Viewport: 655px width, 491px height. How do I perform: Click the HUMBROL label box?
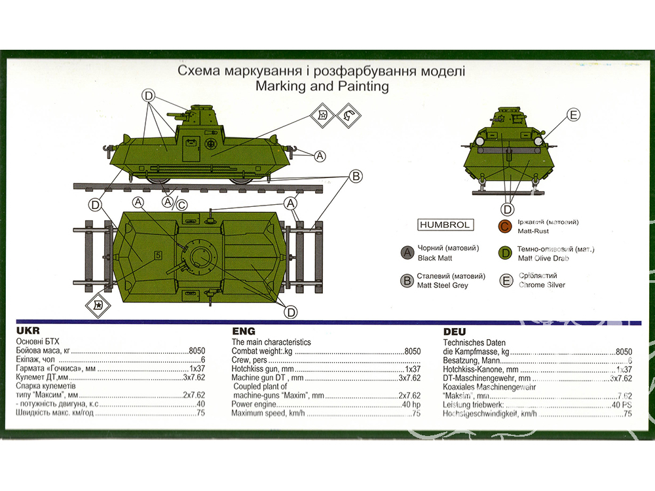coord(445,225)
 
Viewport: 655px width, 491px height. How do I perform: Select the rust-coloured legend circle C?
coord(504,227)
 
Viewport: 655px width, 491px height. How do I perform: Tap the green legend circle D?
coord(504,253)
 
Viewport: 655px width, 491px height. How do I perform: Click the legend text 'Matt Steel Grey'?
coord(443,285)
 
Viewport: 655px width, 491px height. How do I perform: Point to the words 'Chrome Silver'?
coord(542,285)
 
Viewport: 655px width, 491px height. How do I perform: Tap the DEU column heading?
coord(455,331)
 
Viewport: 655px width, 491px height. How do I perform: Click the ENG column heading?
coord(243,331)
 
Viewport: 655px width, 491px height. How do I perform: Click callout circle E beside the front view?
coord(573,116)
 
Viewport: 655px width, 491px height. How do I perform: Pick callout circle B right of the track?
coord(356,176)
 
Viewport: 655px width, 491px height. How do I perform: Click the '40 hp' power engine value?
coord(411,405)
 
